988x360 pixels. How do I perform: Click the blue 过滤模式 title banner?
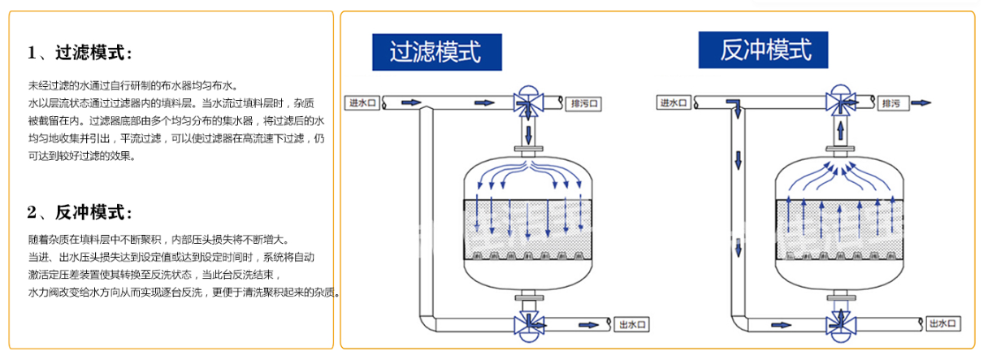tap(436, 51)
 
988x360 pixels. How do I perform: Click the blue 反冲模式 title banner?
tap(764, 50)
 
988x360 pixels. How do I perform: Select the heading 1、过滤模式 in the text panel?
tap(80, 54)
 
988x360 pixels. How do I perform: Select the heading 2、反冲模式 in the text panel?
tap(80, 213)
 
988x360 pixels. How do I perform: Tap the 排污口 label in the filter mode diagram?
tap(583, 104)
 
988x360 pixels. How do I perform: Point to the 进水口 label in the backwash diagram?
tap(674, 103)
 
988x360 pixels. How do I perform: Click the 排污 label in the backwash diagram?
tap(891, 104)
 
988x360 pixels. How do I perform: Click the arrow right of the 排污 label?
tap(921, 103)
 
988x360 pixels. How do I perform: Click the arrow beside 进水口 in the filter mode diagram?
tap(412, 103)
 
